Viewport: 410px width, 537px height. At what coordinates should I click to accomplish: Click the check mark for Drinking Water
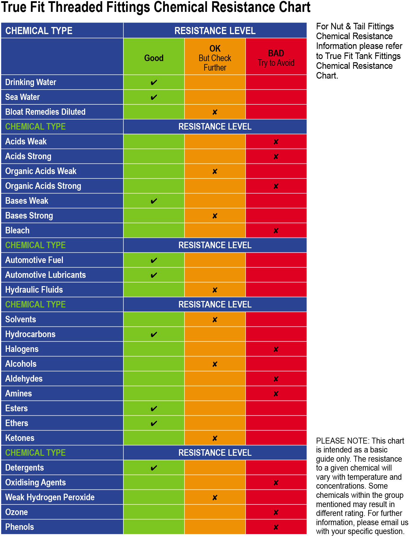[154, 82]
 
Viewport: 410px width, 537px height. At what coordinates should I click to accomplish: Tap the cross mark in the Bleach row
[276, 231]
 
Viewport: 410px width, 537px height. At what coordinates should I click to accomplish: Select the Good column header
[154, 58]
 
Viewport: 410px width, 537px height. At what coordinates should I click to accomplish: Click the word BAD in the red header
[276, 53]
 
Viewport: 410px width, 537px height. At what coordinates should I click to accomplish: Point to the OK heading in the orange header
[215, 48]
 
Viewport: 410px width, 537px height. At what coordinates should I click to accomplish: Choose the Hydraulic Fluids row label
[34, 290]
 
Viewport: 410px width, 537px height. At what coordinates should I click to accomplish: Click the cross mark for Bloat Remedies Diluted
[215, 112]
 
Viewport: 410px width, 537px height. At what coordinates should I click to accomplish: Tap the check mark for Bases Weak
[154, 201]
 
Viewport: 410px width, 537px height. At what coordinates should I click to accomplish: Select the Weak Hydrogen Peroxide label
[50, 497]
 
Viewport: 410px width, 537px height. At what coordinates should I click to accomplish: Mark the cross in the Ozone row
[276, 512]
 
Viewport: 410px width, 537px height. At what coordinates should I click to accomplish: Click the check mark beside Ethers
[154, 423]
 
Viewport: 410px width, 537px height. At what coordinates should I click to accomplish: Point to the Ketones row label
[20, 438]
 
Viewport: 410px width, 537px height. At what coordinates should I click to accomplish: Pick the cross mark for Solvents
[215, 320]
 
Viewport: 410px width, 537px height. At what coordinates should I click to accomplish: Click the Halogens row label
[22, 349]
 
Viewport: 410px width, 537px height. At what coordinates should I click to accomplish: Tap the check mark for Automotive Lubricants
[154, 275]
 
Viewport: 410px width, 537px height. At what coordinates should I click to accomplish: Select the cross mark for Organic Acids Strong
[276, 186]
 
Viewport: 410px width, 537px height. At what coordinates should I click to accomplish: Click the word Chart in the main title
[292, 7]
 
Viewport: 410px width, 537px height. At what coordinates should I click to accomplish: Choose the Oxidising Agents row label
[36, 482]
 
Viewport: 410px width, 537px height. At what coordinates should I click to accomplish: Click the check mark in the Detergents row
[154, 468]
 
